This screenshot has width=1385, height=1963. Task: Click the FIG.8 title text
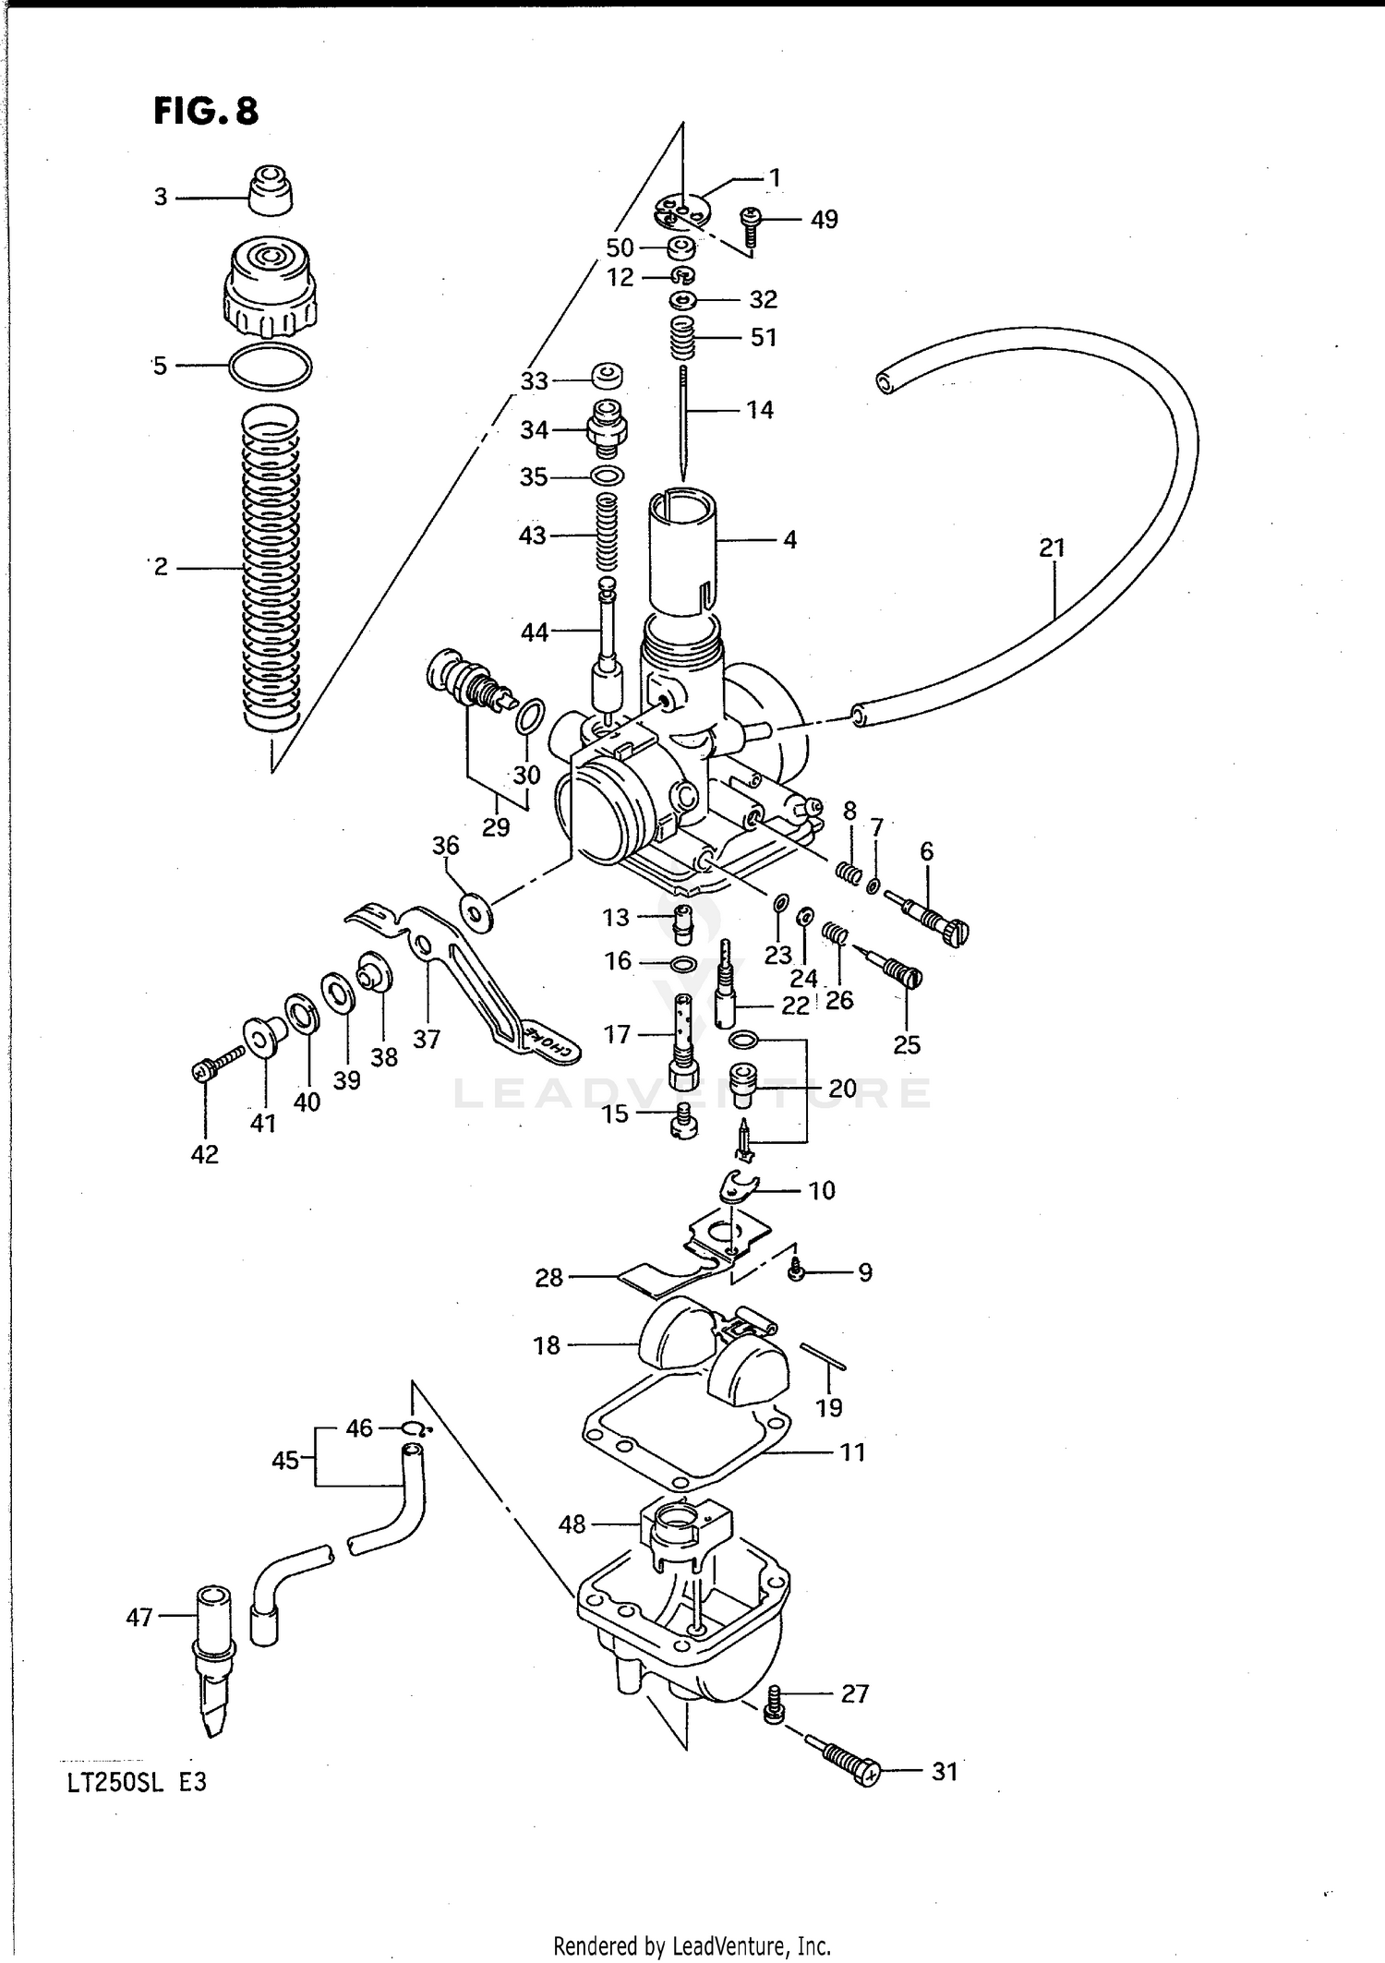tap(206, 112)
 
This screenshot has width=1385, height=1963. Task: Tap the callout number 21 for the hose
tap(1052, 548)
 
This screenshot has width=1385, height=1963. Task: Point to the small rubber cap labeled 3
tap(271, 190)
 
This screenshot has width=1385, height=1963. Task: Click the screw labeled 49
tap(750, 225)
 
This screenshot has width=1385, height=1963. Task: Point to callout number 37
tap(427, 1039)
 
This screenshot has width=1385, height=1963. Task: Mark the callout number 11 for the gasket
tap(852, 1451)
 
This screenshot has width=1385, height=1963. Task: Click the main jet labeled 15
tap(683, 1121)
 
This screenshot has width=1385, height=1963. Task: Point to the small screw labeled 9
tap(795, 1272)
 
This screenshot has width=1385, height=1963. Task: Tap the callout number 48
tap(572, 1523)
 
